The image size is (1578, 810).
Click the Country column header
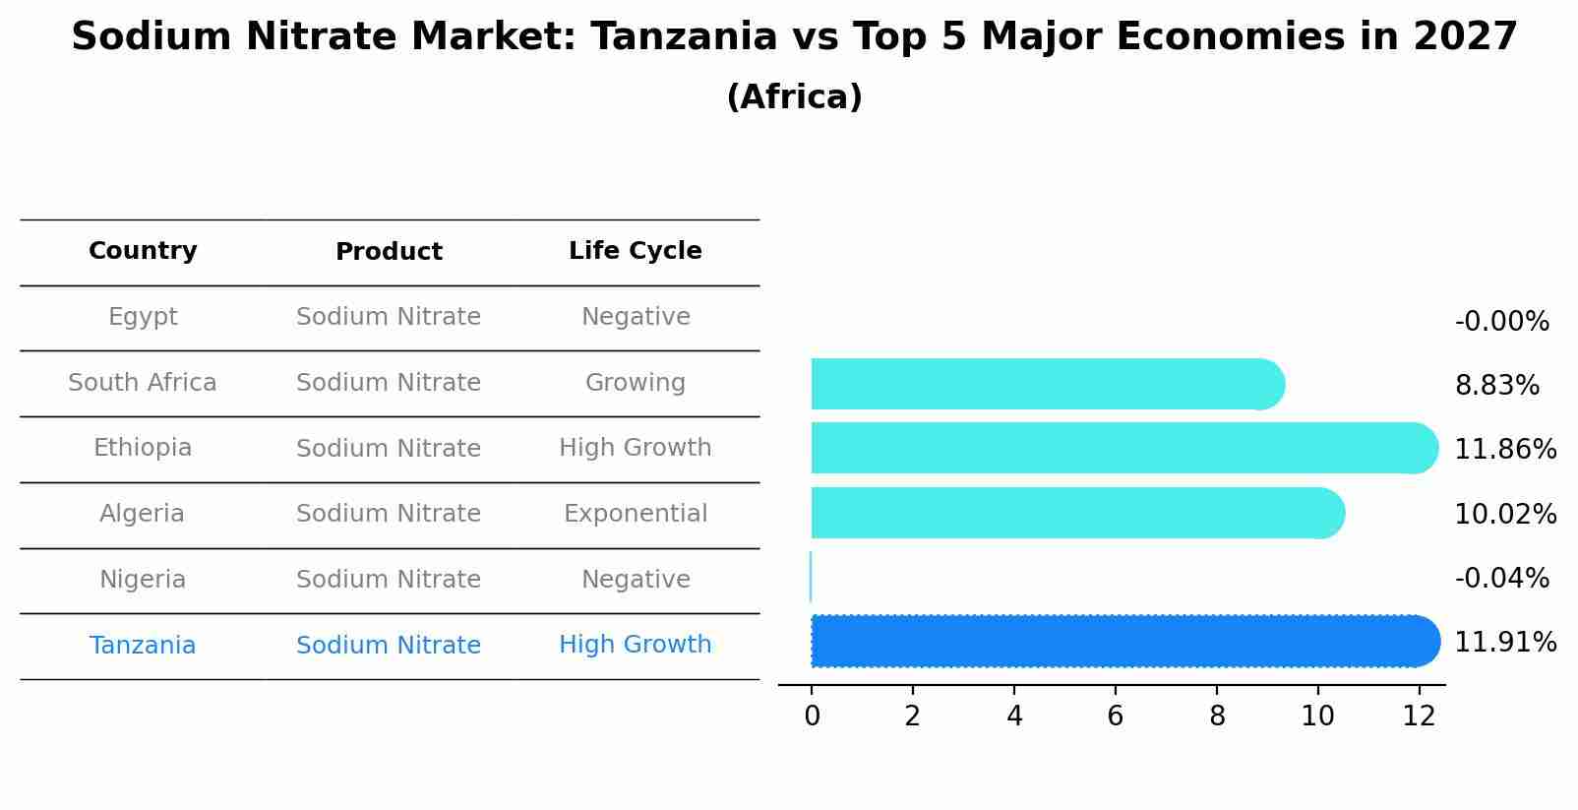coord(143,251)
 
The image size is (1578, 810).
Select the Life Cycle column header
coord(635,251)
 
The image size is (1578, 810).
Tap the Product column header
coord(389,252)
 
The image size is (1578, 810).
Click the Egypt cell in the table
coord(143,317)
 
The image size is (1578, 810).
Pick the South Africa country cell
coord(143,383)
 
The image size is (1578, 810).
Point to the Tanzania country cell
coord(143,646)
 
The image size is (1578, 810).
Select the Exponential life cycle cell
coord(635,514)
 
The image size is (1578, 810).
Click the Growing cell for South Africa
coord(635,383)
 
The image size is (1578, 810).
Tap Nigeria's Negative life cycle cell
coord(635,580)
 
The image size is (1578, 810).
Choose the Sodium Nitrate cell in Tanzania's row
coord(389,646)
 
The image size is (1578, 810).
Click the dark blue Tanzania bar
coord(1122,642)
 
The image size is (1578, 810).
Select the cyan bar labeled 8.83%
coord(1043,384)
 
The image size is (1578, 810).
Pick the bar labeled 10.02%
coord(1072,513)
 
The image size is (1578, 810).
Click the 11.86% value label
coord(1505,450)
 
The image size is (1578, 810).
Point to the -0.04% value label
coord(1501,579)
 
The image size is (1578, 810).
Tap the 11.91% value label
coord(1505,643)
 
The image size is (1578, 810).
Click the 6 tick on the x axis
coord(1115,717)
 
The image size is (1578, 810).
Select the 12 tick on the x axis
coord(1419,717)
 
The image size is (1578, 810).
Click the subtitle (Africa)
coord(794,97)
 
